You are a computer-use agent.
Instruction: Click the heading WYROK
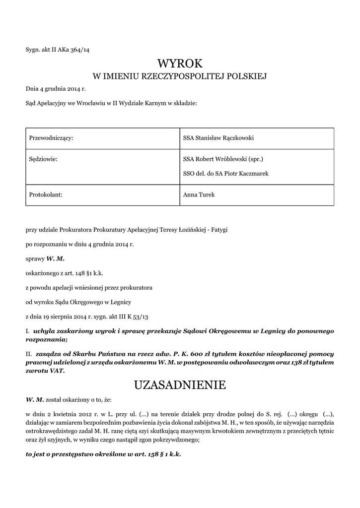[x=180, y=63]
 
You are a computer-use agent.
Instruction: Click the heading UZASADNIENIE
[x=180, y=385]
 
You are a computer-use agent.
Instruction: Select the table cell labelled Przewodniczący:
[x=52, y=138]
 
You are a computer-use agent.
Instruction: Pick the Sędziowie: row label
[x=42, y=160]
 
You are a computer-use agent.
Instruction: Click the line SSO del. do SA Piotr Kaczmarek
[x=226, y=173]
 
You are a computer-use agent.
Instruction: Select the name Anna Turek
[x=199, y=195]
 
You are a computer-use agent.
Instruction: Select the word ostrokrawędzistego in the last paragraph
[x=52, y=432]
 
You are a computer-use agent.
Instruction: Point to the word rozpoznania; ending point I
[x=46, y=339]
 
